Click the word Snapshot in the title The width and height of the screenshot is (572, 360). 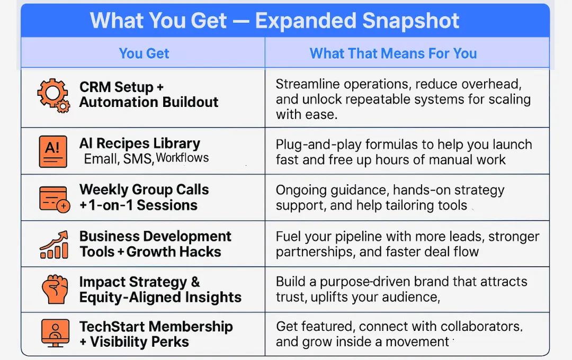point(411,21)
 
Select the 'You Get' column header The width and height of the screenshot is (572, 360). point(144,53)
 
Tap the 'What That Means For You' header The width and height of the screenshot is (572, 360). point(393,53)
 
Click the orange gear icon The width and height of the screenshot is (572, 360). point(53,96)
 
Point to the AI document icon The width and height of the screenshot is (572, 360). point(53,151)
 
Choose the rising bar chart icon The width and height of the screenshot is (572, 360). point(54,245)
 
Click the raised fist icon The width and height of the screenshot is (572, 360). point(55,289)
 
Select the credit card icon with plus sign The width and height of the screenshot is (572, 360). point(55,199)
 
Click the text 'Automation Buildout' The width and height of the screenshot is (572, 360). point(149,102)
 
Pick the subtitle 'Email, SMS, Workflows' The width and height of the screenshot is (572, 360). point(146,158)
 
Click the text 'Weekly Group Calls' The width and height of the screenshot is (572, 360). point(144,190)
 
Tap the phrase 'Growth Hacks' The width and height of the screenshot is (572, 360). point(174,251)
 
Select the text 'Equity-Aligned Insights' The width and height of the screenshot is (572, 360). point(160,297)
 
